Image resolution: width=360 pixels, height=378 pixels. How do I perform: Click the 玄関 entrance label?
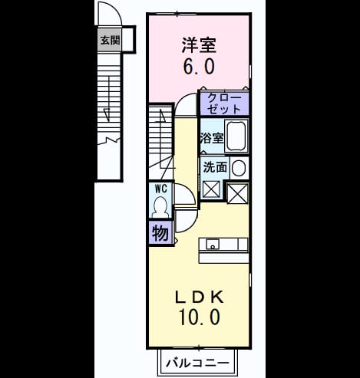click(x=110, y=40)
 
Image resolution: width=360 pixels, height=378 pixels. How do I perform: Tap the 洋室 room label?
click(x=199, y=45)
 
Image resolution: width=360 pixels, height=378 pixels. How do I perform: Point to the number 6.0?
click(x=199, y=66)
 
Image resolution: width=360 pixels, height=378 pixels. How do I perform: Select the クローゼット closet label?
click(x=224, y=104)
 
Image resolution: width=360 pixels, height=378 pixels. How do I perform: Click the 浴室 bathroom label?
click(x=212, y=138)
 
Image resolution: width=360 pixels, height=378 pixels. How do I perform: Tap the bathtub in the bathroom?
click(x=236, y=136)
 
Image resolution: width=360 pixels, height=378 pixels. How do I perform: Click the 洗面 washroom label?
click(x=215, y=168)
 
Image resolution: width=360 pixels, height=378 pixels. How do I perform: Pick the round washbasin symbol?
click(x=239, y=168)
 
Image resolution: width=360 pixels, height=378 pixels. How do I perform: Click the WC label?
click(x=161, y=189)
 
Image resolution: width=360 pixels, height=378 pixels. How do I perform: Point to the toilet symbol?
click(x=160, y=207)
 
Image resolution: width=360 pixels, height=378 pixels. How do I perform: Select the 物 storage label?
click(x=160, y=233)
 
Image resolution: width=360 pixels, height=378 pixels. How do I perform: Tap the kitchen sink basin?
click(x=213, y=245)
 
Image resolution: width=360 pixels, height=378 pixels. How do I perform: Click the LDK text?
click(x=200, y=297)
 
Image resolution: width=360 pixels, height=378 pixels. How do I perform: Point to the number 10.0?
click(x=200, y=317)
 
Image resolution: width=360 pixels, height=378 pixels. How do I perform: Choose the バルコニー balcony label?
click(x=197, y=363)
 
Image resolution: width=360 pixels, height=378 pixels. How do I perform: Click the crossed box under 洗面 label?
click(x=211, y=189)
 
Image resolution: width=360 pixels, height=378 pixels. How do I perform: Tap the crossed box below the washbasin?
click(x=238, y=194)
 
